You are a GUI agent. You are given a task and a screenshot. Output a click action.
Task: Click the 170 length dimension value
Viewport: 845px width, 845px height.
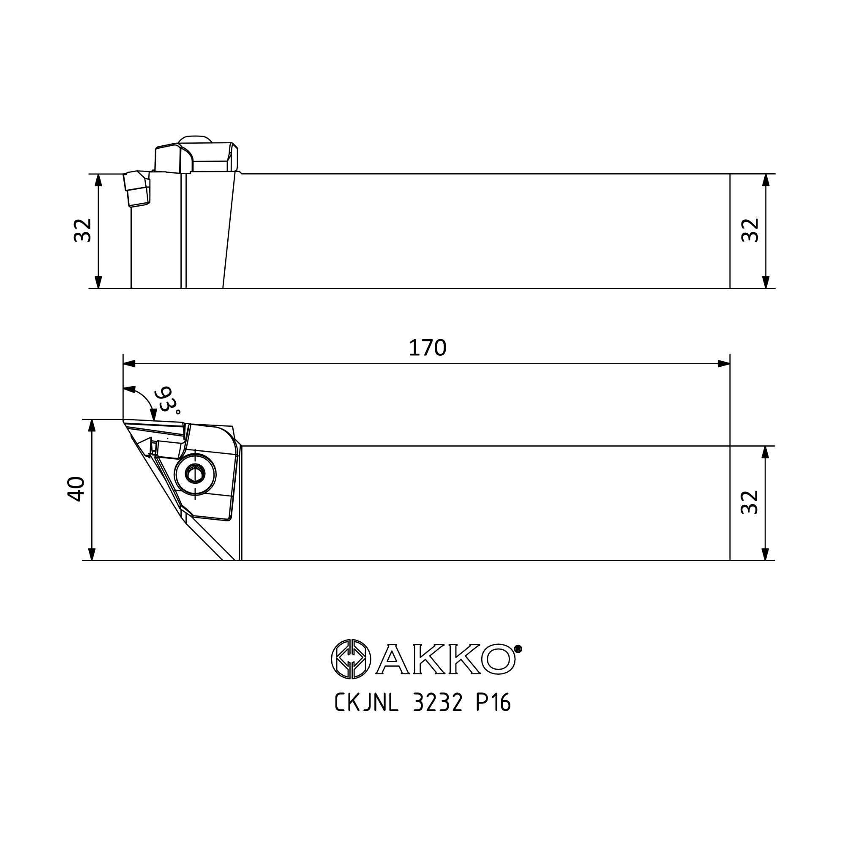(x=427, y=349)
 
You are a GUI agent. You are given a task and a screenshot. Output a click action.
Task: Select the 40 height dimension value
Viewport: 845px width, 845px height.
(x=76, y=489)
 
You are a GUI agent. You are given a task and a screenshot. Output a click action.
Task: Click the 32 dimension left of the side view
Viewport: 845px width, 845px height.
(x=82, y=230)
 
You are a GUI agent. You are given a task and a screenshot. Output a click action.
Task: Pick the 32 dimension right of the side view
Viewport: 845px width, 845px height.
(x=750, y=230)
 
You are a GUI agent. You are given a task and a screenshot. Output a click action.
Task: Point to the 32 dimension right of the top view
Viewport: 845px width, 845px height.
(x=750, y=502)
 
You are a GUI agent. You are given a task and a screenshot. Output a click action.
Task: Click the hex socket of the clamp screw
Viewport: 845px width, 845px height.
(x=195, y=474)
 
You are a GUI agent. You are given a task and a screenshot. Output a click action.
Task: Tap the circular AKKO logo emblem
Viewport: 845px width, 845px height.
(x=351, y=659)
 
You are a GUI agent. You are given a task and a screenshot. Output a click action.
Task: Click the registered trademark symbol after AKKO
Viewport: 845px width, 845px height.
(x=518, y=649)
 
